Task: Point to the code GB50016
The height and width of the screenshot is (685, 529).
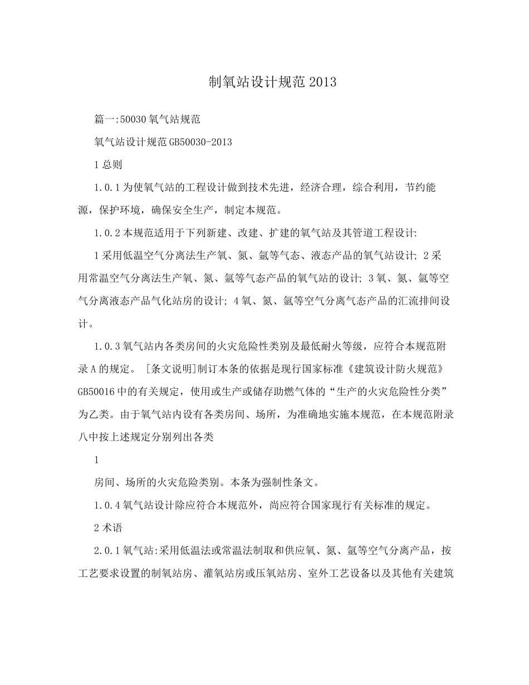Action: pyautogui.click(x=96, y=393)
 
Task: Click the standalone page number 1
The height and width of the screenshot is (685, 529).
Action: pyautogui.click(x=97, y=460)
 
